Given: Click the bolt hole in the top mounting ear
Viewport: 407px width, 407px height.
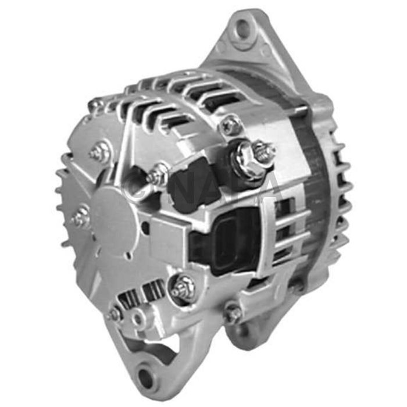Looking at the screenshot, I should pyautogui.click(x=242, y=27).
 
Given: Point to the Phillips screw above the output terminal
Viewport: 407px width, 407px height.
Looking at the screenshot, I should pyautogui.click(x=231, y=124).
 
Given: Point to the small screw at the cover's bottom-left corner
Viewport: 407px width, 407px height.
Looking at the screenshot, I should pyautogui.click(x=115, y=315).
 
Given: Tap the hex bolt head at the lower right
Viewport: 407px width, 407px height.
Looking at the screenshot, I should pyautogui.click(x=234, y=314).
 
